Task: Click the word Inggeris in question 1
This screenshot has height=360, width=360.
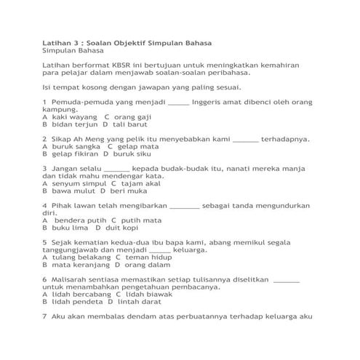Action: click(x=211, y=101)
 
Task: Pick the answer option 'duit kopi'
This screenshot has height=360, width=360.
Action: click(x=122, y=228)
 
